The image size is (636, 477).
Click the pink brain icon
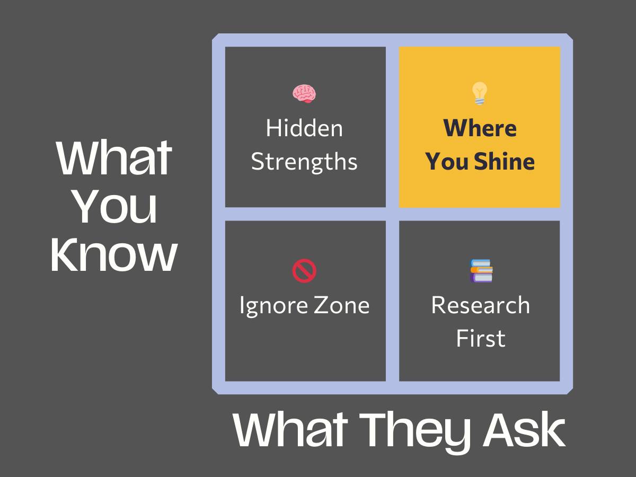[304, 94]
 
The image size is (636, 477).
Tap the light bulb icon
[480, 93]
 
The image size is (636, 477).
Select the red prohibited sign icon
[304, 271]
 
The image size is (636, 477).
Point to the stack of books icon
[481, 271]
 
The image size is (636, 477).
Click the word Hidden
[304, 128]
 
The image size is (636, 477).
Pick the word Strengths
[304, 162]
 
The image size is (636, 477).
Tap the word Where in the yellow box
[480, 128]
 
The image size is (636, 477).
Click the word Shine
[505, 161]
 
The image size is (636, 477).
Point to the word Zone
[342, 305]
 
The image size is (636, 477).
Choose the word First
[481, 338]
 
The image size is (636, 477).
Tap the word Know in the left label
[114, 254]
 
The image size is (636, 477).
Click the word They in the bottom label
[414, 430]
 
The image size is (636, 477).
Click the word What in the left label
[114, 158]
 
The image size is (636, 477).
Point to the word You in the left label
[116, 207]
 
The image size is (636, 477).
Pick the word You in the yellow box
[446, 161]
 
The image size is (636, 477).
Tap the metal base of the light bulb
[480, 101]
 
